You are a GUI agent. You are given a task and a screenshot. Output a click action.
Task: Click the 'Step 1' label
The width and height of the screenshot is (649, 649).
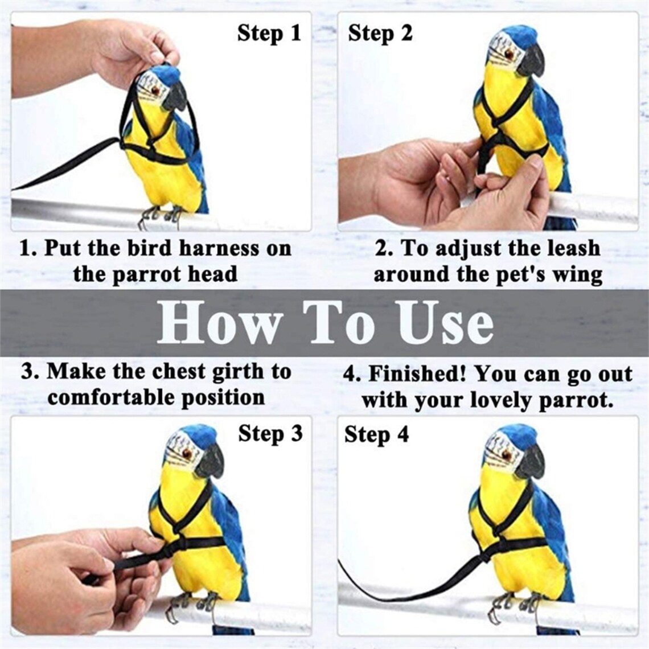pos(269,33)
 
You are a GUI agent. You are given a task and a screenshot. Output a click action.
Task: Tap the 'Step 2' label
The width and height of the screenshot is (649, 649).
pos(380,33)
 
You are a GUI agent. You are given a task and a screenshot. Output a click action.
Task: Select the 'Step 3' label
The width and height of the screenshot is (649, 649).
pos(270,434)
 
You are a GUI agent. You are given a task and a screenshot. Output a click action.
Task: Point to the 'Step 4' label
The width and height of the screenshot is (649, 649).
pos(376,435)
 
